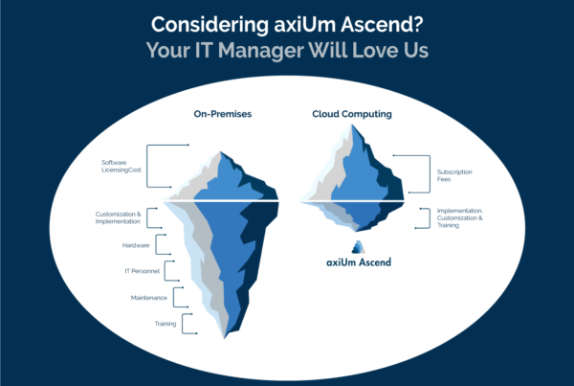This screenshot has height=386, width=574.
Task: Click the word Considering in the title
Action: pyautogui.click(x=210, y=26)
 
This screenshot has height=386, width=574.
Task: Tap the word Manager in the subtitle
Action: pyautogui.click(x=260, y=51)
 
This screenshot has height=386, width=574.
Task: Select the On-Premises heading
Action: pyautogui.click(x=223, y=114)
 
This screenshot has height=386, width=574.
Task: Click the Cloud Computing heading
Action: pyautogui.click(x=352, y=114)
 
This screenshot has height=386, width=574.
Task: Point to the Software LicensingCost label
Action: pyautogui.click(x=121, y=166)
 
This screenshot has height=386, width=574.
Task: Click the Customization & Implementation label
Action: pyautogui.click(x=118, y=217)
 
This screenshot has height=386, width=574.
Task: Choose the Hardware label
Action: pyautogui.click(x=136, y=245)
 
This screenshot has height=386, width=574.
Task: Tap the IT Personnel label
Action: pyautogui.click(x=142, y=271)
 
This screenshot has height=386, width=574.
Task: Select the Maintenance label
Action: pyautogui.click(x=149, y=298)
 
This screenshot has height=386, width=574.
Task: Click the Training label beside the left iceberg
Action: pyautogui.click(x=166, y=324)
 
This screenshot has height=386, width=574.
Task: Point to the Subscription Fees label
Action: pyautogui.click(x=454, y=175)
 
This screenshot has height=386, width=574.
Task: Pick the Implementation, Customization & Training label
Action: pyautogui.click(x=460, y=217)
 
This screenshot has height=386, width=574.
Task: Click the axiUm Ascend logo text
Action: pyautogui.click(x=359, y=262)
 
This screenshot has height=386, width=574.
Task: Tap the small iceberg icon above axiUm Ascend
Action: pyautogui.click(x=359, y=247)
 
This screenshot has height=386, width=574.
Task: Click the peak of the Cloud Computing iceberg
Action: pyautogui.click(x=352, y=125)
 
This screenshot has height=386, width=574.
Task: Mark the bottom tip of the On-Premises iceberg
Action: pyautogui.click(x=225, y=337)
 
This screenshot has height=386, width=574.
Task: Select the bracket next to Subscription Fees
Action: pyautogui.click(x=430, y=173)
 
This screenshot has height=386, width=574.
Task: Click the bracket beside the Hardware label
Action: pyautogui.click(x=156, y=244)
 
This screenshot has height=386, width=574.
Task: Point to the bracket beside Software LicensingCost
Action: pyautogui.click(x=147, y=166)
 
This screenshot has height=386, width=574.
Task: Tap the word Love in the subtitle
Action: pyautogui.click(x=374, y=51)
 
